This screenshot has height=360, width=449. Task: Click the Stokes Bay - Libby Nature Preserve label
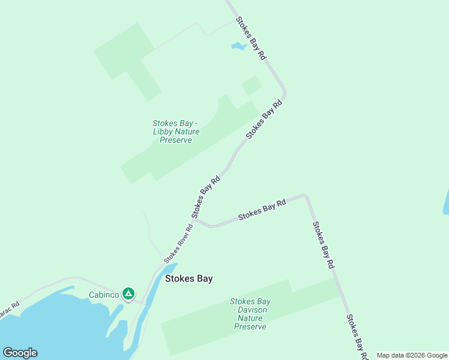[175, 132]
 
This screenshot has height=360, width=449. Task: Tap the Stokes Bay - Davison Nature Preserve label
[250, 314]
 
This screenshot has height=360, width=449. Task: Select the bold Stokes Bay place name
[189, 278]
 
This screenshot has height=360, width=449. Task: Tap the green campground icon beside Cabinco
[128, 294]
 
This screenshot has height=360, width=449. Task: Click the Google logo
[20, 353]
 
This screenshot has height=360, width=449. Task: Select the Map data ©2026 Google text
[412, 355]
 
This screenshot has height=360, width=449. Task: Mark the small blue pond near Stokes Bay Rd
[238, 46]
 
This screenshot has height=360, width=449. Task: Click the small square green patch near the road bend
[252, 85]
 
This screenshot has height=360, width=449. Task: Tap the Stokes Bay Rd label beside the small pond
[251, 38]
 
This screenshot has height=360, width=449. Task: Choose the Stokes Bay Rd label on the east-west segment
[262, 211]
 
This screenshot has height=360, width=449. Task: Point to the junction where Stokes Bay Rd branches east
[195, 220]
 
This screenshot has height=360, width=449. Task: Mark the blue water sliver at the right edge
[446, 203]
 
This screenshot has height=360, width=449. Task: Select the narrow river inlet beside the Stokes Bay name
[157, 285]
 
